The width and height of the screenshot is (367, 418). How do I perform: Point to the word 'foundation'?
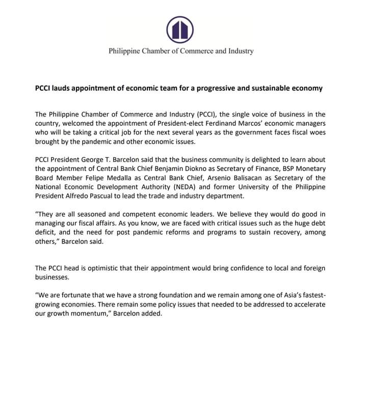(193, 295)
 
